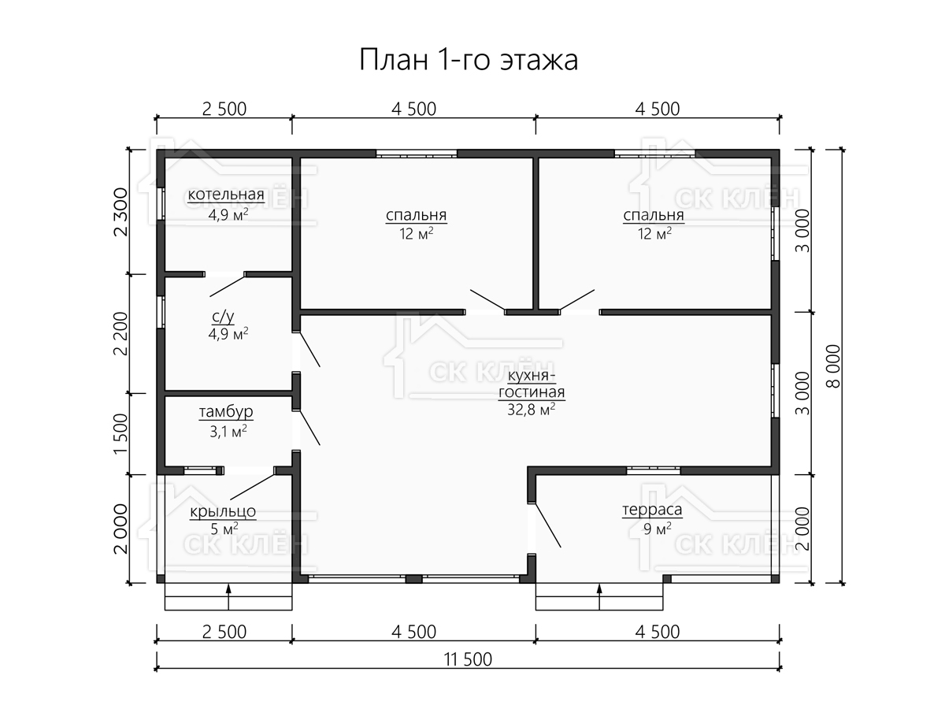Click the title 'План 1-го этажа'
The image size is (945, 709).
point(469,59)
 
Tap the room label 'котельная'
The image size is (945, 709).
point(226,195)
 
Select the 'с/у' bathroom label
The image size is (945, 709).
point(223,317)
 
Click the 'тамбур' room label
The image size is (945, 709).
point(226,412)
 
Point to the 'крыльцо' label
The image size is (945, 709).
point(223,511)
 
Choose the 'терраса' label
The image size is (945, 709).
point(652,510)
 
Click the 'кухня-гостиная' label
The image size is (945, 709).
point(532,384)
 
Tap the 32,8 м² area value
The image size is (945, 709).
point(532,410)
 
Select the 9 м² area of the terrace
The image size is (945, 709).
point(657,529)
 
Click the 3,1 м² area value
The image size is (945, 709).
point(228,432)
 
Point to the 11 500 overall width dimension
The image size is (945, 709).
point(468,660)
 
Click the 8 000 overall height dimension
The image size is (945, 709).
point(833,366)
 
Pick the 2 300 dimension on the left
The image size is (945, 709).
point(121,212)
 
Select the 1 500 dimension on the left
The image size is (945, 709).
point(121,434)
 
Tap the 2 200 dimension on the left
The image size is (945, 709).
point(121,333)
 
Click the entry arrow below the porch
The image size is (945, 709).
point(228,596)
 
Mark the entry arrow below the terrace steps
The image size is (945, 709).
point(599,596)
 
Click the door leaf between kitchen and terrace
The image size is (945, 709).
point(547,525)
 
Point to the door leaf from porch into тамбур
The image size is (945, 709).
point(253,487)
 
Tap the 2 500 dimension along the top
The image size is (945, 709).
point(224,110)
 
